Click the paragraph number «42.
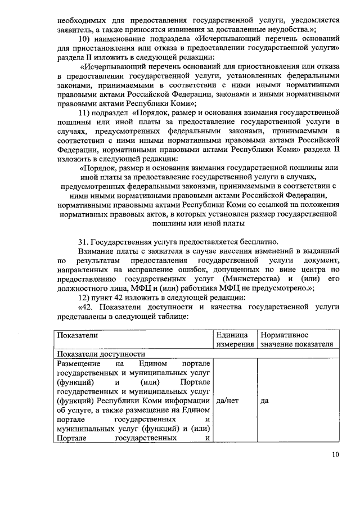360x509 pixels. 86,307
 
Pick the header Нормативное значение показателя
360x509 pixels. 296,339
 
